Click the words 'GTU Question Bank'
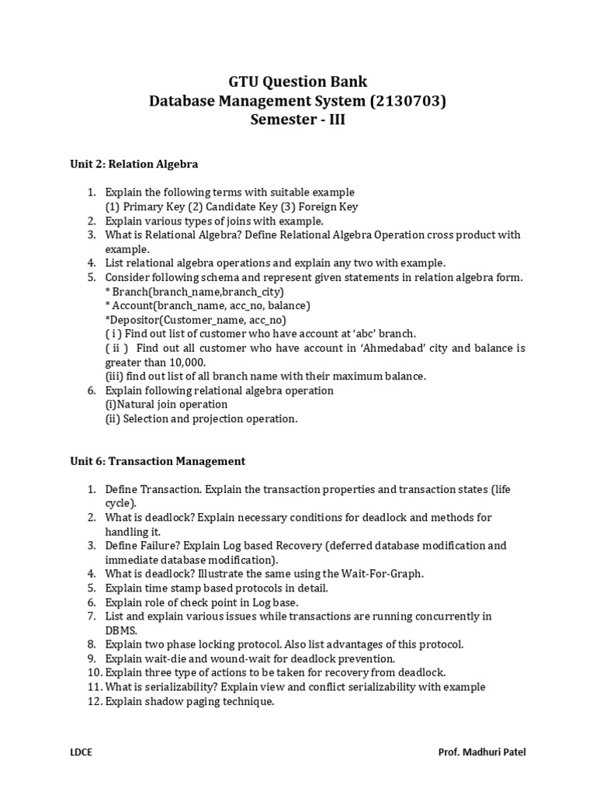298,81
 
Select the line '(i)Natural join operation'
167,404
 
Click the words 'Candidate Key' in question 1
243,207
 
